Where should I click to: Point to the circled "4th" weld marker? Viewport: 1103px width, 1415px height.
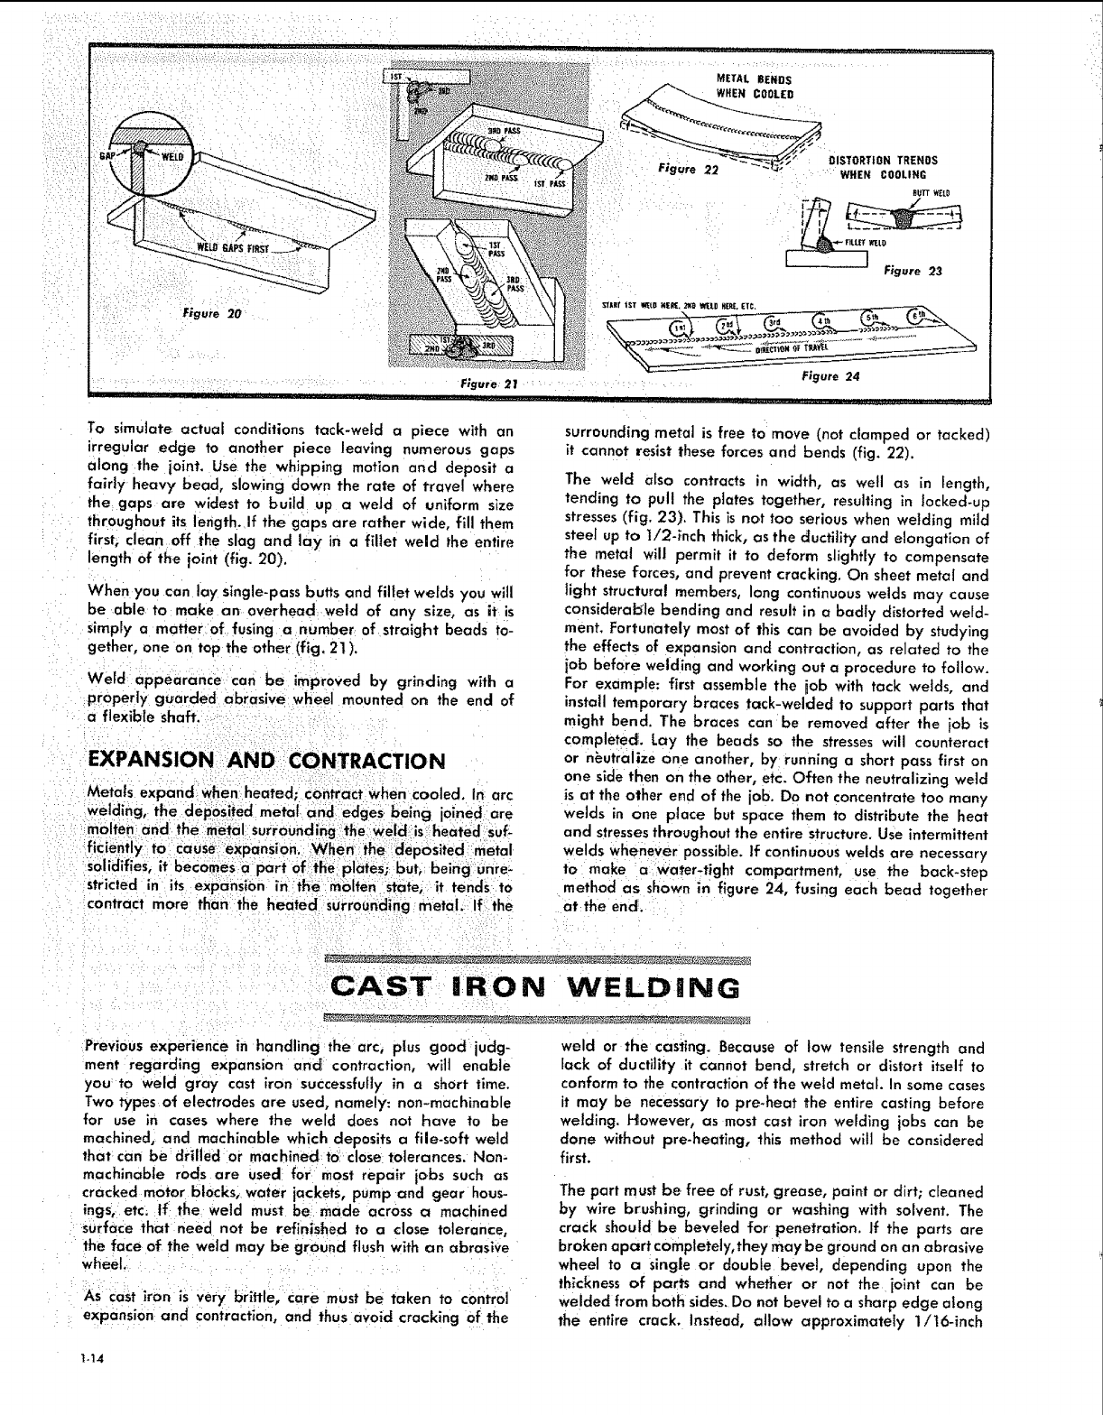[820, 322]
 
